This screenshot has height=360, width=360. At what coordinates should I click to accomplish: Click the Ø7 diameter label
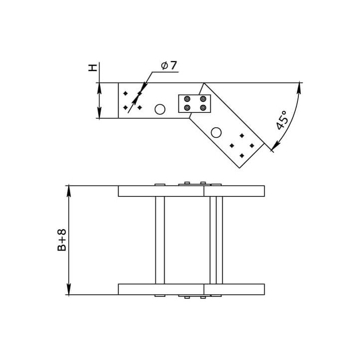(169, 66)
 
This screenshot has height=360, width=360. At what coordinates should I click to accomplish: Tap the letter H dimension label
(92, 68)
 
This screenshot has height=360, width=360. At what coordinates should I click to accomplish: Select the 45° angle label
(282, 120)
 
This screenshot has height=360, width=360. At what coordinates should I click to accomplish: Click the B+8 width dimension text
(62, 240)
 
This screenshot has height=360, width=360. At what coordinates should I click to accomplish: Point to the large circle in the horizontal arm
(160, 109)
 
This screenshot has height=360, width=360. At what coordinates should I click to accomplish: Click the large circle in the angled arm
(216, 132)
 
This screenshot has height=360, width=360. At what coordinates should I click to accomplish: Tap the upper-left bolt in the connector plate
(187, 99)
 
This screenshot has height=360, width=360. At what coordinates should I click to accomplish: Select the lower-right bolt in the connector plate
(203, 107)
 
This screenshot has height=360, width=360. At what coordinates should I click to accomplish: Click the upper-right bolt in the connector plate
(203, 99)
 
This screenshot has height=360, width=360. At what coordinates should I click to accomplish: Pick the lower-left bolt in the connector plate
(187, 107)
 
